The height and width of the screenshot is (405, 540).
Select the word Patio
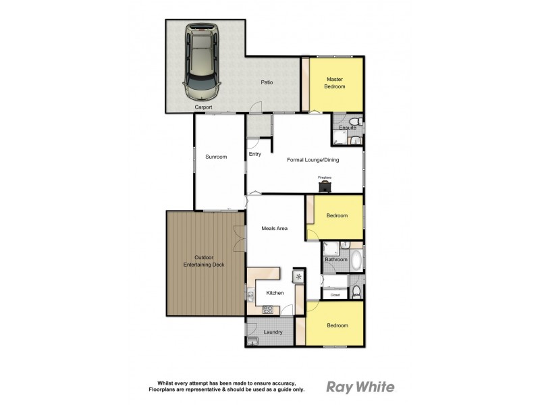pos(267,82)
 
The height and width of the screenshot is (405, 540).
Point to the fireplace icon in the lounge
pos(325,183)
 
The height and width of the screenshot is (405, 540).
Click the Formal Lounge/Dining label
pos(313,160)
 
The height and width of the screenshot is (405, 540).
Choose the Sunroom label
pos(216,157)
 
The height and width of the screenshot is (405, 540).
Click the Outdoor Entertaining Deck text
pos(205,261)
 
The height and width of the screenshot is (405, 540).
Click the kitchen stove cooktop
pos(267,310)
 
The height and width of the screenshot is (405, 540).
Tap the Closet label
pos(335,295)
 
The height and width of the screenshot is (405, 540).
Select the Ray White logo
pos(360,387)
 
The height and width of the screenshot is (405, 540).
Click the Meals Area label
pos(275,228)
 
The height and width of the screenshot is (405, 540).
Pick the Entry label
pos(254,154)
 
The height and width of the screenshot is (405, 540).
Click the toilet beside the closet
pos(356,292)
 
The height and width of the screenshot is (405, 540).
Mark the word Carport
pos(203,107)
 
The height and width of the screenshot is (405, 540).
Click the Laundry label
pos(273,331)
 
